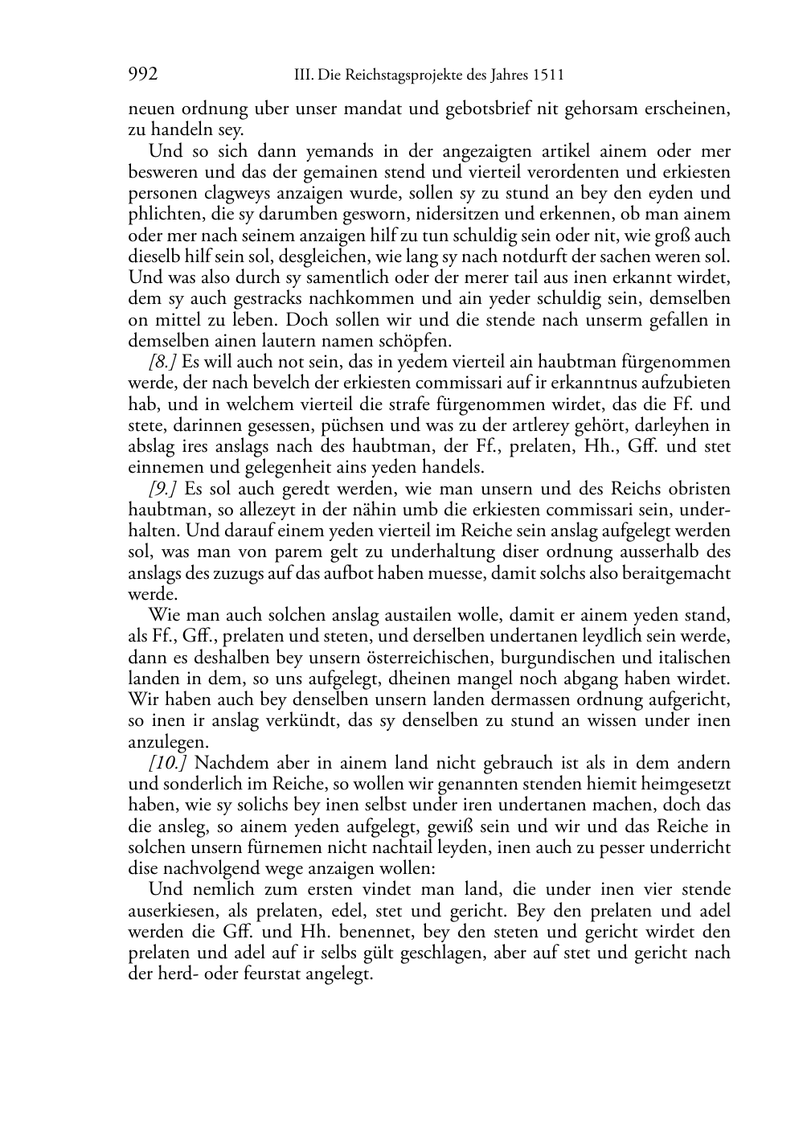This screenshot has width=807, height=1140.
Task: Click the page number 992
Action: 143,76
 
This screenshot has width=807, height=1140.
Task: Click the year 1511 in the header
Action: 547,76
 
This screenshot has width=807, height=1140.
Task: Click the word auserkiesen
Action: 168,911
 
